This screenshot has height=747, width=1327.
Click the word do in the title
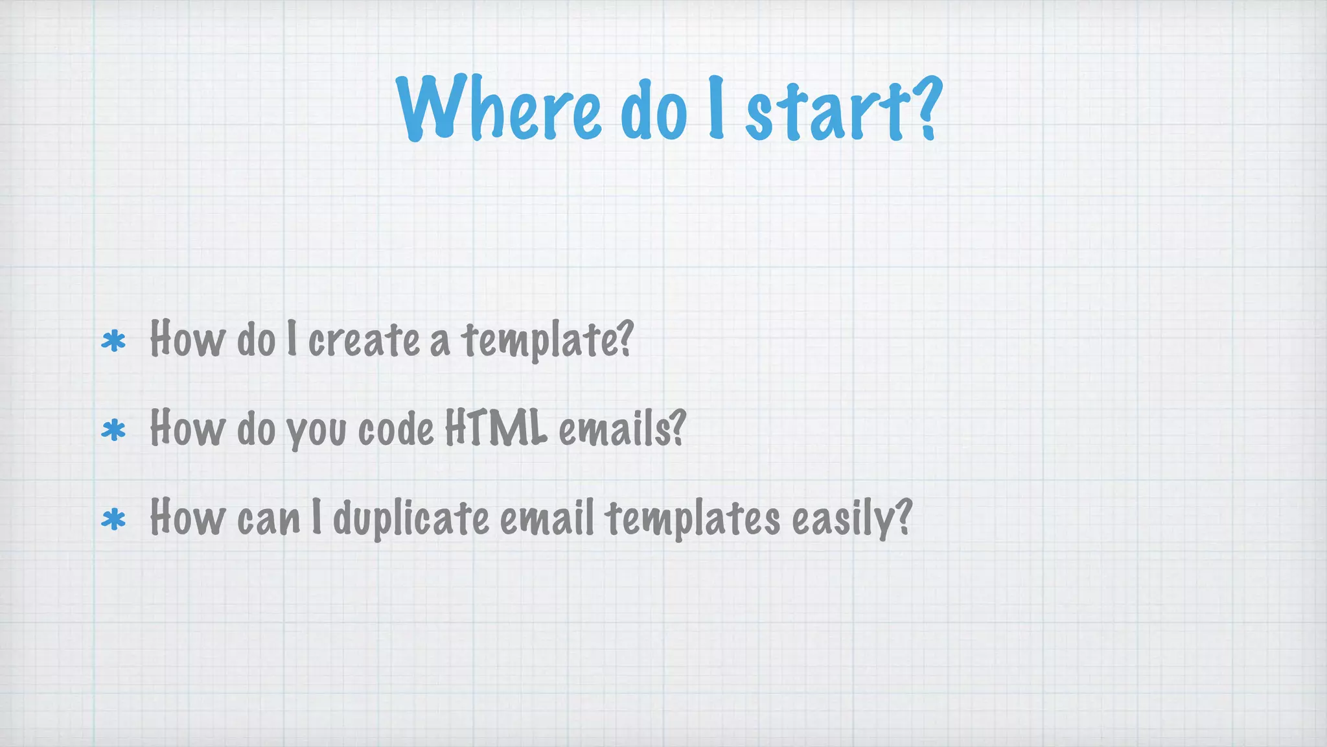pos(653,110)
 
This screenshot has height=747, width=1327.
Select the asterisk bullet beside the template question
pos(113,341)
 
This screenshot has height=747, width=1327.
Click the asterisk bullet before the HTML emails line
pos(113,430)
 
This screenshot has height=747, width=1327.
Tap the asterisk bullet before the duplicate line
pos(113,519)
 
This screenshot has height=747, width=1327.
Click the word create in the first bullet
pos(363,340)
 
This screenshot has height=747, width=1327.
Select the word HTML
pos(496,428)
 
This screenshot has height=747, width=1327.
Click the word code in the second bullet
pos(396,429)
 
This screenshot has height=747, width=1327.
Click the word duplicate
pos(411,519)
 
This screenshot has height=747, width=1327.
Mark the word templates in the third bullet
pos(693,519)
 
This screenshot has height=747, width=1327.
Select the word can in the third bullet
pos(269,519)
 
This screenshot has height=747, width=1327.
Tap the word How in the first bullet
pos(187,338)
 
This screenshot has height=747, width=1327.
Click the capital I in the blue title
pos(715,107)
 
